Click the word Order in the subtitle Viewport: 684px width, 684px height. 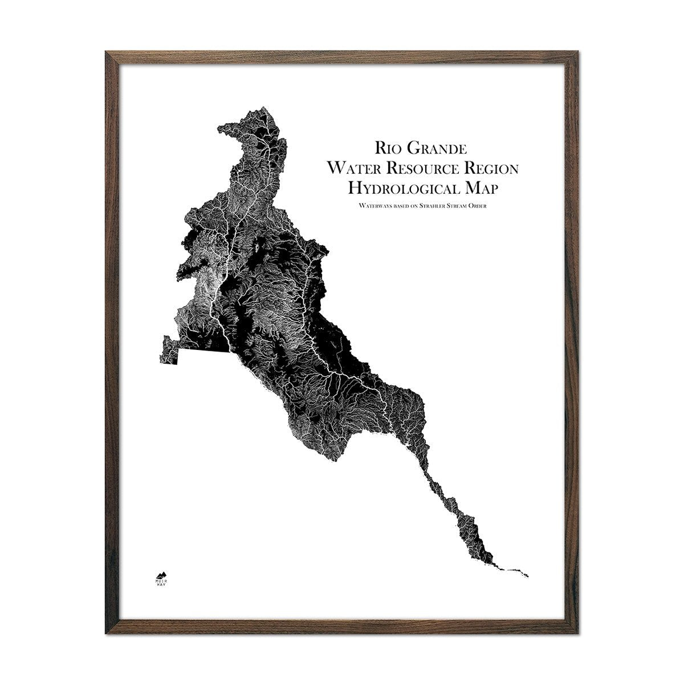point(483,204)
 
